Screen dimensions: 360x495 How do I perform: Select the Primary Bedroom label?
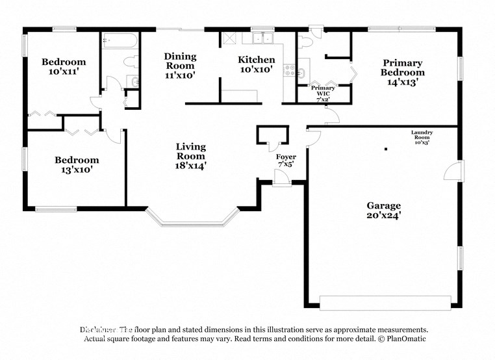(x=401, y=72)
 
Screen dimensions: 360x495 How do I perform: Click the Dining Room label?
(x=179, y=66)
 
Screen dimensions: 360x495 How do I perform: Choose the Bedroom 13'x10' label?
(x=77, y=165)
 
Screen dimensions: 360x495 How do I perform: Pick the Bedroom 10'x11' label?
(x=64, y=67)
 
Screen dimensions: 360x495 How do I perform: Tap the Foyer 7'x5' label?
(x=286, y=161)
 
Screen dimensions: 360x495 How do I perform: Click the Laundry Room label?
(x=422, y=137)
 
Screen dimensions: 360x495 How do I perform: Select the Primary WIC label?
(x=323, y=92)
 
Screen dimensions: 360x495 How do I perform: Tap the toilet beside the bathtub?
(x=131, y=62)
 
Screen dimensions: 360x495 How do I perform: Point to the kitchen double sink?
(x=262, y=38)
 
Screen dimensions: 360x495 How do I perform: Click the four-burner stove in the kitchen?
(x=289, y=69)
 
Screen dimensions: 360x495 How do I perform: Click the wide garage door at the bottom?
(x=385, y=303)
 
